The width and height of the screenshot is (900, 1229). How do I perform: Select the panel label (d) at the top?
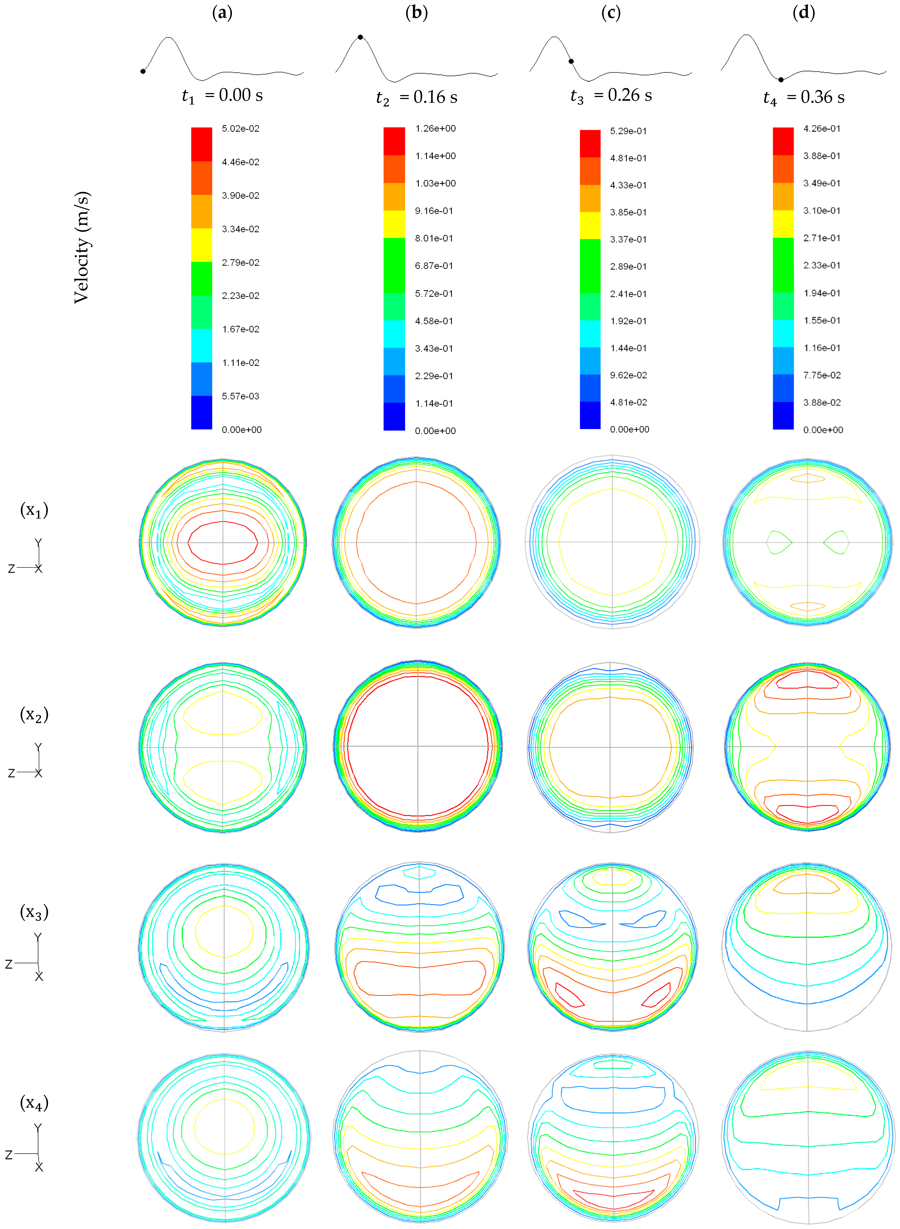803,13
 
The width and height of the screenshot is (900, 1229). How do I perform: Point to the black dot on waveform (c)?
571,62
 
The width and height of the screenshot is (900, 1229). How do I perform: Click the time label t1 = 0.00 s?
222,96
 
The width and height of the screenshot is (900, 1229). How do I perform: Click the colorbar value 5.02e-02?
240,129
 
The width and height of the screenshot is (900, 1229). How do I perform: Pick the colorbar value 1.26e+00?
435,129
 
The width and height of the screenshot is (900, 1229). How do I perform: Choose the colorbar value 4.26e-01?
821,129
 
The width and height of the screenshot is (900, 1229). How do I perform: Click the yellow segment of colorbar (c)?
590,225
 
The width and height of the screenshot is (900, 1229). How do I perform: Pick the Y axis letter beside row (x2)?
38,747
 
